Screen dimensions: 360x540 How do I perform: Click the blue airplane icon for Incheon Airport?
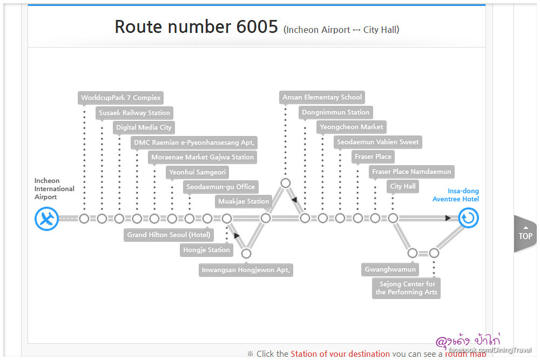[x=47, y=219]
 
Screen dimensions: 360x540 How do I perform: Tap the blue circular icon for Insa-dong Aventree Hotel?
[x=468, y=219]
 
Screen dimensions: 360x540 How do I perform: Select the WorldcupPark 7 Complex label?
[x=120, y=98]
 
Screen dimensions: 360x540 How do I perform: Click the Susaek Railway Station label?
[x=134, y=113]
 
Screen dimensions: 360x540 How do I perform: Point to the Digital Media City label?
[x=144, y=127]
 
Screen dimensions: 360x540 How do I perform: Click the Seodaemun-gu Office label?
[x=220, y=187]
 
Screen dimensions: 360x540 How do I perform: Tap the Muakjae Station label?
[x=244, y=201]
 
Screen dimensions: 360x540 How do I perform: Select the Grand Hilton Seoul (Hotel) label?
[x=168, y=235]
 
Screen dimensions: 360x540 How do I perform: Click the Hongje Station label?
[x=207, y=250]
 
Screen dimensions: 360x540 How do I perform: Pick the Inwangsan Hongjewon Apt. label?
[x=246, y=270]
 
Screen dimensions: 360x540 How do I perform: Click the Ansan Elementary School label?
[x=322, y=97]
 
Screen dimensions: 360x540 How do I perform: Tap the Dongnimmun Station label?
[x=335, y=112]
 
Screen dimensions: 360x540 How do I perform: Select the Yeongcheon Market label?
[x=352, y=127]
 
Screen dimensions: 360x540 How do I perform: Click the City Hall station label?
[x=403, y=186]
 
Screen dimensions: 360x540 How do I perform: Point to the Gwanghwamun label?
[x=390, y=269]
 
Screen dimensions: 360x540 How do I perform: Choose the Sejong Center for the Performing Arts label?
[x=407, y=288]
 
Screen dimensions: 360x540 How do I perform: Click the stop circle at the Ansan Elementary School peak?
[x=286, y=183]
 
